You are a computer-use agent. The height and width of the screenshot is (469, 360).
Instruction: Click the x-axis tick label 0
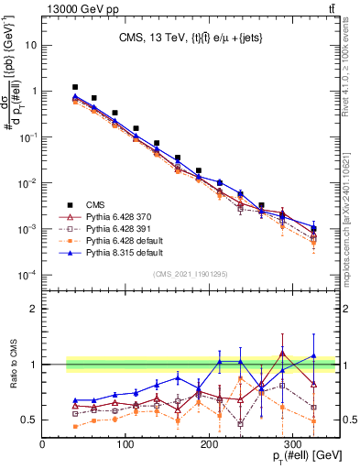(x=43, y=444)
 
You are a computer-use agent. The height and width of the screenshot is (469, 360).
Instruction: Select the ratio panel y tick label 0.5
(x=27, y=420)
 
